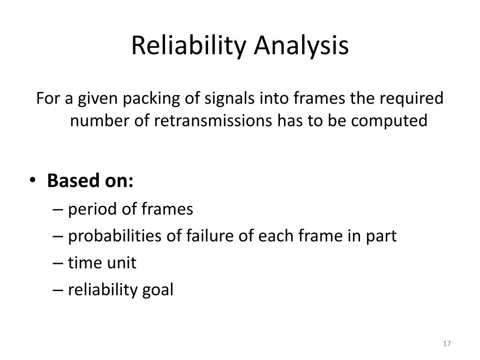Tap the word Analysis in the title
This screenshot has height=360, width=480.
tap(301, 46)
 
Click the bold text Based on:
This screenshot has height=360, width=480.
tap(90, 180)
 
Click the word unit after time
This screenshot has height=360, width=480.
tap(121, 263)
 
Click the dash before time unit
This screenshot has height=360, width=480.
tap(59, 263)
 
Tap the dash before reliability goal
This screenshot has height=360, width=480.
tap(59, 291)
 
